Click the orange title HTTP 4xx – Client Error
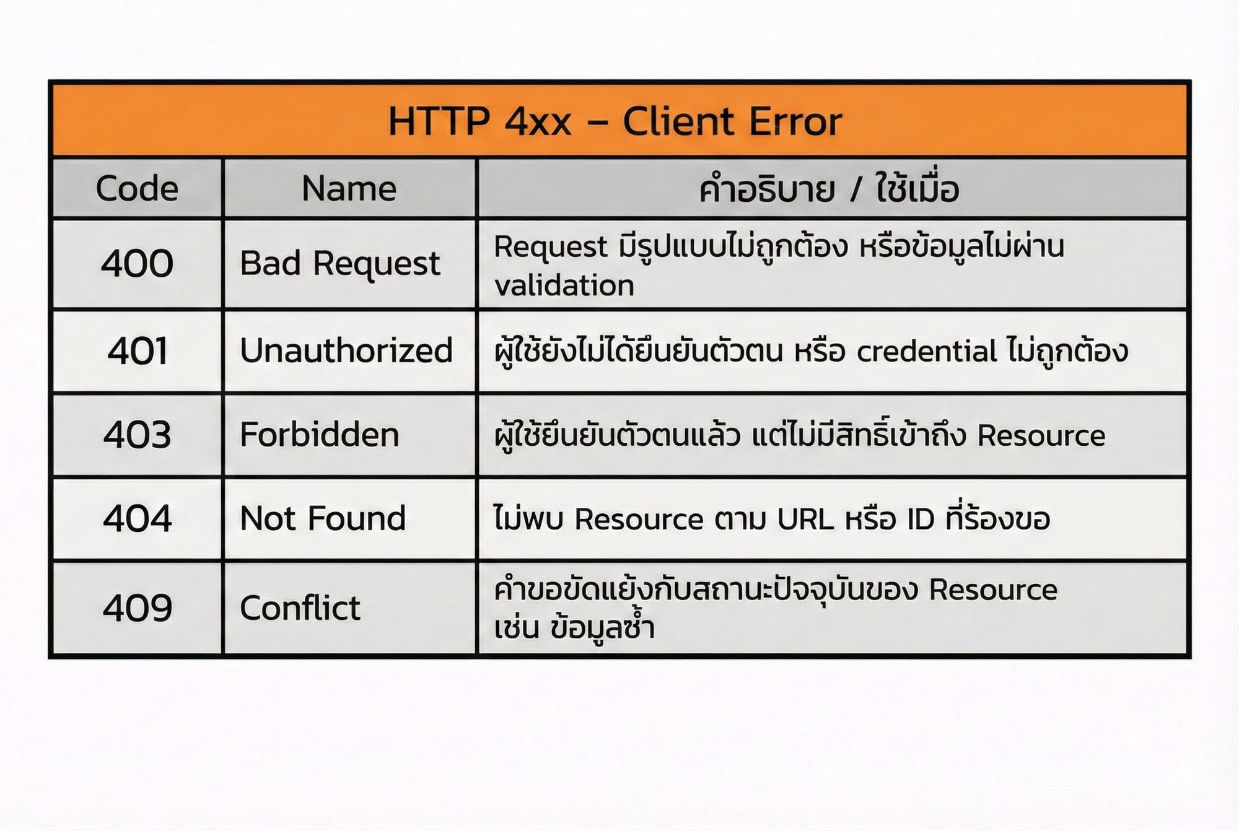615,121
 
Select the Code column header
137,188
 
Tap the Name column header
349,188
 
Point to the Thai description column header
829,188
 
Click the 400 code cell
137,263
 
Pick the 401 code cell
137,351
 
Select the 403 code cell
137,435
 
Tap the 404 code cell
137,518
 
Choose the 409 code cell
137,607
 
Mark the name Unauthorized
346,350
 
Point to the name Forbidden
319,434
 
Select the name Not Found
323,518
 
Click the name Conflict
300,607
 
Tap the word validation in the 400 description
564,286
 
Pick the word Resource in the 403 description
1041,435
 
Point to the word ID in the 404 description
921,519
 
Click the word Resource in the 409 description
993,590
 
